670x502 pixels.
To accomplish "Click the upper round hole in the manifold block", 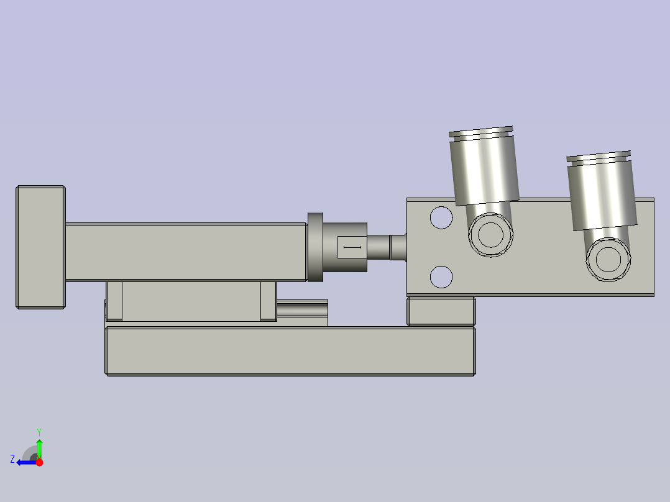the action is [441, 217].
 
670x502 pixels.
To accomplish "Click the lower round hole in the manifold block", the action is [441, 276].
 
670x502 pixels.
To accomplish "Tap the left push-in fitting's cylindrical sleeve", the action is [485, 170].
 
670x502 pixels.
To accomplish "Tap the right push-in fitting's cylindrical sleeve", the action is [602, 194].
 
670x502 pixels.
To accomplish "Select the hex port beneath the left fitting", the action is [490, 235].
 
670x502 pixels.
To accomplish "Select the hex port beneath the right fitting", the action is [608, 259].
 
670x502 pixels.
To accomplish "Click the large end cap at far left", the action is [40, 247].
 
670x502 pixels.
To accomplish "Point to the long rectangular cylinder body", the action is [186, 252].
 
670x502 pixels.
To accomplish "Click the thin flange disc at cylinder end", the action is [315, 247].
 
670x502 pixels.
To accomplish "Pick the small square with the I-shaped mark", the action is [352, 247].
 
